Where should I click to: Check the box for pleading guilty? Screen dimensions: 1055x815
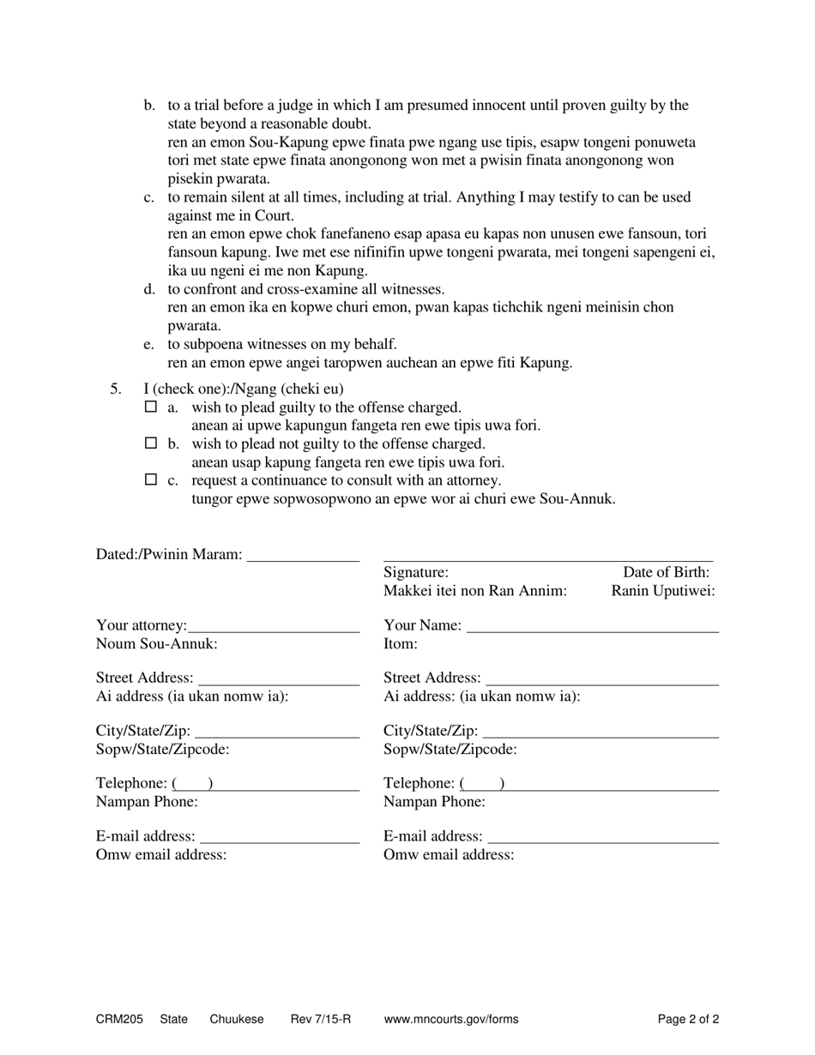click(x=151, y=407)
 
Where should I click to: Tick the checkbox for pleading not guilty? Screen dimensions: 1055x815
click(x=151, y=443)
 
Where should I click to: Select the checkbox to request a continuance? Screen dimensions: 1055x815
click(x=151, y=479)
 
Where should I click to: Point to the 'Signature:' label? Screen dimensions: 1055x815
click(x=416, y=572)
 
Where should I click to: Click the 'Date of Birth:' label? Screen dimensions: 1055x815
click(x=666, y=572)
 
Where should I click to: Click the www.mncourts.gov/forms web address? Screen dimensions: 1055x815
click(x=451, y=1020)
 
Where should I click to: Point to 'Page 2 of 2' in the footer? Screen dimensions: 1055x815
click(x=688, y=1020)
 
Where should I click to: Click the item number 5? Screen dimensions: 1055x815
click(x=116, y=389)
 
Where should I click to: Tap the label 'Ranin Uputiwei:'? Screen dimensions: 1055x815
click(x=663, y=591)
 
